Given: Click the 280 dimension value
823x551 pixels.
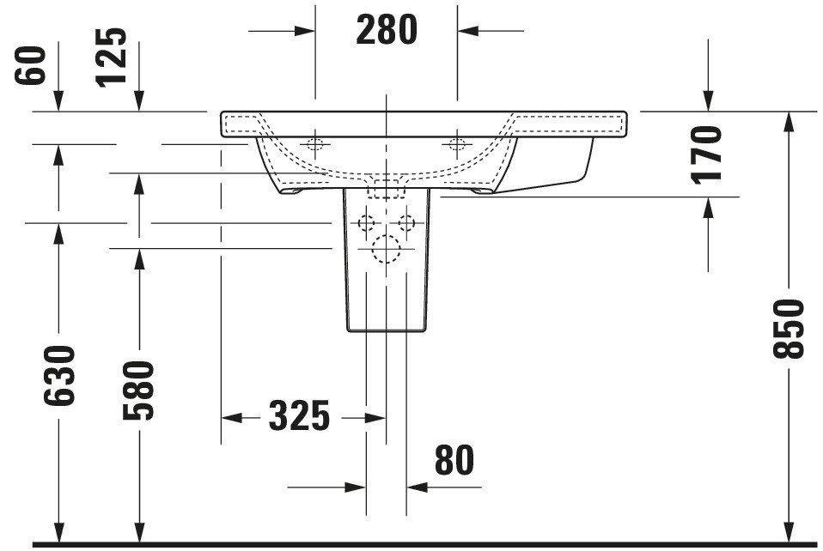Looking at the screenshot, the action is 387,29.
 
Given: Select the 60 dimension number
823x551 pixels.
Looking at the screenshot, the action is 30,65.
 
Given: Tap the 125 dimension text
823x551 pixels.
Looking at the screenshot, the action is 112,58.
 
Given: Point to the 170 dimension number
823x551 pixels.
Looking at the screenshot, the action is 706,154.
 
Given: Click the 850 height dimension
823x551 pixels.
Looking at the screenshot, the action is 789,329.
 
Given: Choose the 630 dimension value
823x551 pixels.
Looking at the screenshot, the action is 58,375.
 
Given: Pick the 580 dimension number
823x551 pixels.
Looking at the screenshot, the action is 138,391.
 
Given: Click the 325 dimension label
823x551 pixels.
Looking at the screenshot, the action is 299,415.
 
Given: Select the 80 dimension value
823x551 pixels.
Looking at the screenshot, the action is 454,460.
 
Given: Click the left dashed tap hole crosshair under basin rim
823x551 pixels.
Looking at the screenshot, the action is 315,143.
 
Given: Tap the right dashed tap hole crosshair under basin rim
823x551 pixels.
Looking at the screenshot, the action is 457,143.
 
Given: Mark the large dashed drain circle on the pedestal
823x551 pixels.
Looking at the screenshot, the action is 387,249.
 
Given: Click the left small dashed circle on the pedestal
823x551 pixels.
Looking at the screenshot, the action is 366,223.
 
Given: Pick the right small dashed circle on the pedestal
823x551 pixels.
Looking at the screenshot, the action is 406,223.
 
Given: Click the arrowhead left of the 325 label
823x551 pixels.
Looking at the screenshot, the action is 231,418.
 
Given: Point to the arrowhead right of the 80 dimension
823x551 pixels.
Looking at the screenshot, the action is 418,487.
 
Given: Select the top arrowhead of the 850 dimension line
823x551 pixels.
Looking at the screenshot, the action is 789,122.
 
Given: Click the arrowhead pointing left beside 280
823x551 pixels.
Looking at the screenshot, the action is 467,31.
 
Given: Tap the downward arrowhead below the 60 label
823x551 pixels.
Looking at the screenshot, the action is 58,101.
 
